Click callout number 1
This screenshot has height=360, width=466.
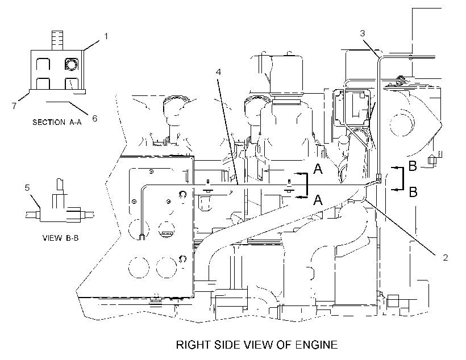(x=106, y=36)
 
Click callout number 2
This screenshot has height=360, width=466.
(x=445, y=258)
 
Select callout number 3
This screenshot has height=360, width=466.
(x=362, y=34)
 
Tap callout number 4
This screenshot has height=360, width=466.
(x=218, y=72)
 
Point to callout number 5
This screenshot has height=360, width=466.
(x=27, y=188)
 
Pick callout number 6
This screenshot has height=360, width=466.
(x=94, y=119)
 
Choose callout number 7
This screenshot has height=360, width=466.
(x=14, y=106)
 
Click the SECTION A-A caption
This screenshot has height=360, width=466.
(x=57, y=122)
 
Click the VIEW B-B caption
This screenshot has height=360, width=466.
(x=61, y=238)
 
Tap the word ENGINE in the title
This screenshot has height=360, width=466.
(x=317, y=345)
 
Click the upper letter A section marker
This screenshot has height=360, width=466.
(x=318, y=169)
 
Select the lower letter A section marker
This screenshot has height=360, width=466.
(x=318, y=200)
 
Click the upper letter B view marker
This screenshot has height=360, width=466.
(x=413, y=166)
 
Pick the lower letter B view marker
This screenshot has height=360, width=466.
(x=413, y=192)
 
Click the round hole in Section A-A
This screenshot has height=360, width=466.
(x=72, y=64)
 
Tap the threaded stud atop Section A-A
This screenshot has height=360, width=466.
(x=57, y=40)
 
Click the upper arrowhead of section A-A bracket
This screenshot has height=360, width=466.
(x=298, y=173)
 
